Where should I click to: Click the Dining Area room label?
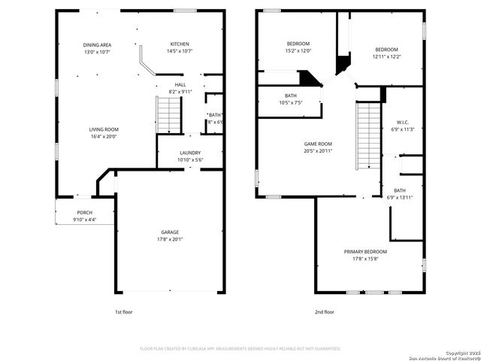pyautogui.click(x=97, y=45)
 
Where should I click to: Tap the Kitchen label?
pyautogui.click(x=180, y=44)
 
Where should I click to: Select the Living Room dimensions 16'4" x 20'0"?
pyautogui.click(x=104, y=137)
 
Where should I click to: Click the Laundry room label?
pyautogui.click(x=189, y=153)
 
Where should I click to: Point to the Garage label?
pyautogui.click(x=169, y=232)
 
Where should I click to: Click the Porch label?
pyautogui.click(x=84, y=213)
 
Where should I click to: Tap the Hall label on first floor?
pyautogui.click(x=180, y=85)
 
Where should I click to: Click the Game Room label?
pyautogui.click(x=317, y=144)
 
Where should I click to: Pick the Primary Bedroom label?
pyautogui.click(x=365, y=251)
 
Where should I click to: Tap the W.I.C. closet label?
pyautogui.click(x=404, y=123)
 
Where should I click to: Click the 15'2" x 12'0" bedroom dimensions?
pyautogui.click(x=298, y=51)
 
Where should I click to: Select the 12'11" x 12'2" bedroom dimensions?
pyautogui.click(x=386, y=56)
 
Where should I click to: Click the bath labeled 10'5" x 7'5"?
pyautogui.click(x=290, y=96)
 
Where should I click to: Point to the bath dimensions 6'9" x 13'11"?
pyautogui.click(x=399, y=198)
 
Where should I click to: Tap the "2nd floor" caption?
pyautogui.click(x=325, y=311)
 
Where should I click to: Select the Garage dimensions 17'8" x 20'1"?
pyautogui.click(x=169, y=240)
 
